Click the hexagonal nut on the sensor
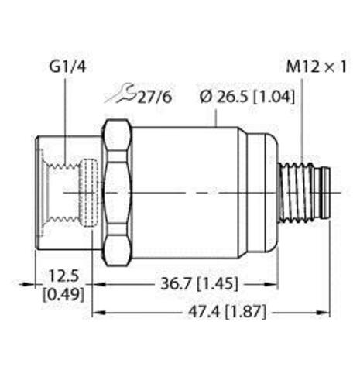coord(116,191)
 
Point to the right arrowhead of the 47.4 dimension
coord(328,313)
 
